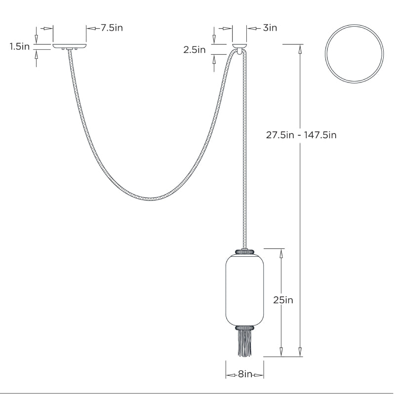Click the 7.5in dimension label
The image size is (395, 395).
[x=112, y=28]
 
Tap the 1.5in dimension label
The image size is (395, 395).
[x=20, y=47]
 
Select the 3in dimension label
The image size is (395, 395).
[x=270, y=28]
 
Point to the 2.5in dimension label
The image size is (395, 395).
[x=195, y=49]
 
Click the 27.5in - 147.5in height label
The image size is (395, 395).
[x=301, y=135]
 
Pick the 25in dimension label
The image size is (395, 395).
[x=283, y=300]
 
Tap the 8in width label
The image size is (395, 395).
[x=244, y=375]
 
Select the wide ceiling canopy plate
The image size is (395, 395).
[x=70, y=46]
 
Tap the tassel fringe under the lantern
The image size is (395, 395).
[x=244, y=343]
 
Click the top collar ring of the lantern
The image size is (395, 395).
[x=244, y=251]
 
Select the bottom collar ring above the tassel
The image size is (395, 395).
[x=244, y=327]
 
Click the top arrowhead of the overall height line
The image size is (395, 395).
[x=300, y=48]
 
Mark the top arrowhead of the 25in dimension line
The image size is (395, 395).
[x=281, y=252]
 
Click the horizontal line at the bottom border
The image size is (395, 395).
[x=197, y=393]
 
